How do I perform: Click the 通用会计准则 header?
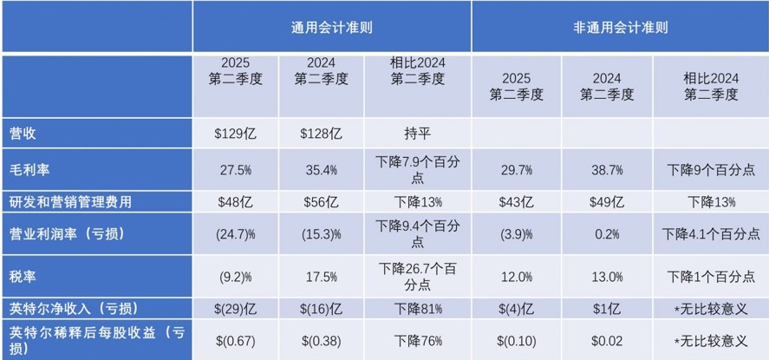332,27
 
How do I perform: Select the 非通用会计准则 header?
620,27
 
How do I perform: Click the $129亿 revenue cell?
238,134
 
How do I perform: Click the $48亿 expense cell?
238,201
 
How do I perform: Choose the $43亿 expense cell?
515,201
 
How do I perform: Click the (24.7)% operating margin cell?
238,234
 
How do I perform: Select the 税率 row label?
23,276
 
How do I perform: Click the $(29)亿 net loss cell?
238,309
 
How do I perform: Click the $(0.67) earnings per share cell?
238,339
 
